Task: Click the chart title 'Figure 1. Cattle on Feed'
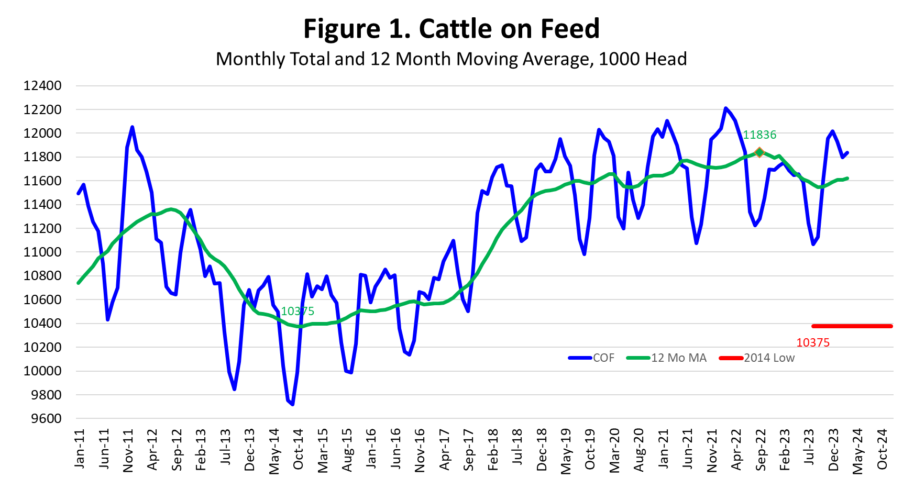click(x=451, y=29)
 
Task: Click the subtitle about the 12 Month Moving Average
click(x=451, y=59)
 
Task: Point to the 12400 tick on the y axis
click(x=42, y=86)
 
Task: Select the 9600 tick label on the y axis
click(x=46, y=419)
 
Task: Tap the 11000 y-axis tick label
click(x=42, y=252)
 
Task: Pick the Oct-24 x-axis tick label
click(x=883, y=449)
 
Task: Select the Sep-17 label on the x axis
click(x=469, y=449)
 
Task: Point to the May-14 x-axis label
click(x=274, y=451)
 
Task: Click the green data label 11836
click(x=759, y=135)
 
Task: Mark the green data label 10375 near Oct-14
click(x=298, y=312)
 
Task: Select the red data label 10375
click(x=813, y=343)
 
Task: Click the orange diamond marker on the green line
click(x=759, y=152)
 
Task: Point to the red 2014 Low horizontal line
click(x=852, y=326)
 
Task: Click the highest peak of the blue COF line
click(x=725, y=108)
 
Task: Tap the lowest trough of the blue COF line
click(x=292, y=404)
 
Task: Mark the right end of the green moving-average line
click(x=847, y=179)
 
